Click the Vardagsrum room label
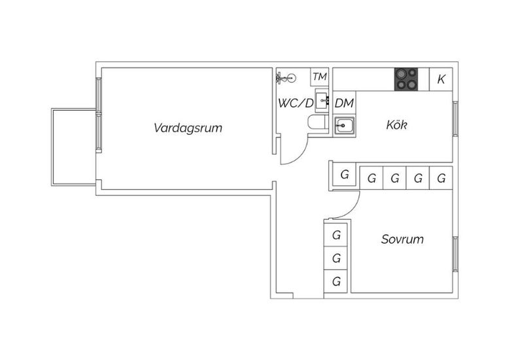tap(188, 128)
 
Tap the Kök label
tap(396, 125)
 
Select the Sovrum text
tap(402, 239)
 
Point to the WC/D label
tap(296, 103)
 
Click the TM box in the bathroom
tap(319, 77)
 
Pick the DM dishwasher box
tap(344, 103)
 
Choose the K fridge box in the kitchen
tap(441, 79)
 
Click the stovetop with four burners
tap(406, 79)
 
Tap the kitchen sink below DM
tap(344, 126)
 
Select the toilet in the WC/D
tap(317, 122)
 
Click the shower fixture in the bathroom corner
tap(286, 78)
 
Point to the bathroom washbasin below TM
tap(322, 101)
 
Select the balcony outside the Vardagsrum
tap(74, 147)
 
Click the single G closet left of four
tap(344, 175)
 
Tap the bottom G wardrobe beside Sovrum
tap(336, 281)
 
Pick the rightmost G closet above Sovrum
tap(441, 178)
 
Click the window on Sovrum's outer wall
tap(455, 254)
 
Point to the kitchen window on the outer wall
tap(455, 118)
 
